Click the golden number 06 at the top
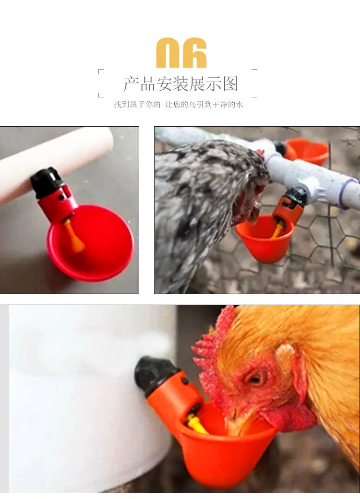[x=181, y=52]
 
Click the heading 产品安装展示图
[x=181, y=84]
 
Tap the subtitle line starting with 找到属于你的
[x=179, y=105]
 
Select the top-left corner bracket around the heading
[x=101, y=71]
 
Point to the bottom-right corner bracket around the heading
[x=255, y=95]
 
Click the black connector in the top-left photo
[x=47, y=182]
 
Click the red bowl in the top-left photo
[x=90, y=243]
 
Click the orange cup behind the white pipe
[x=307, y=152]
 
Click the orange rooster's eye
[x=255, y=378]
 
